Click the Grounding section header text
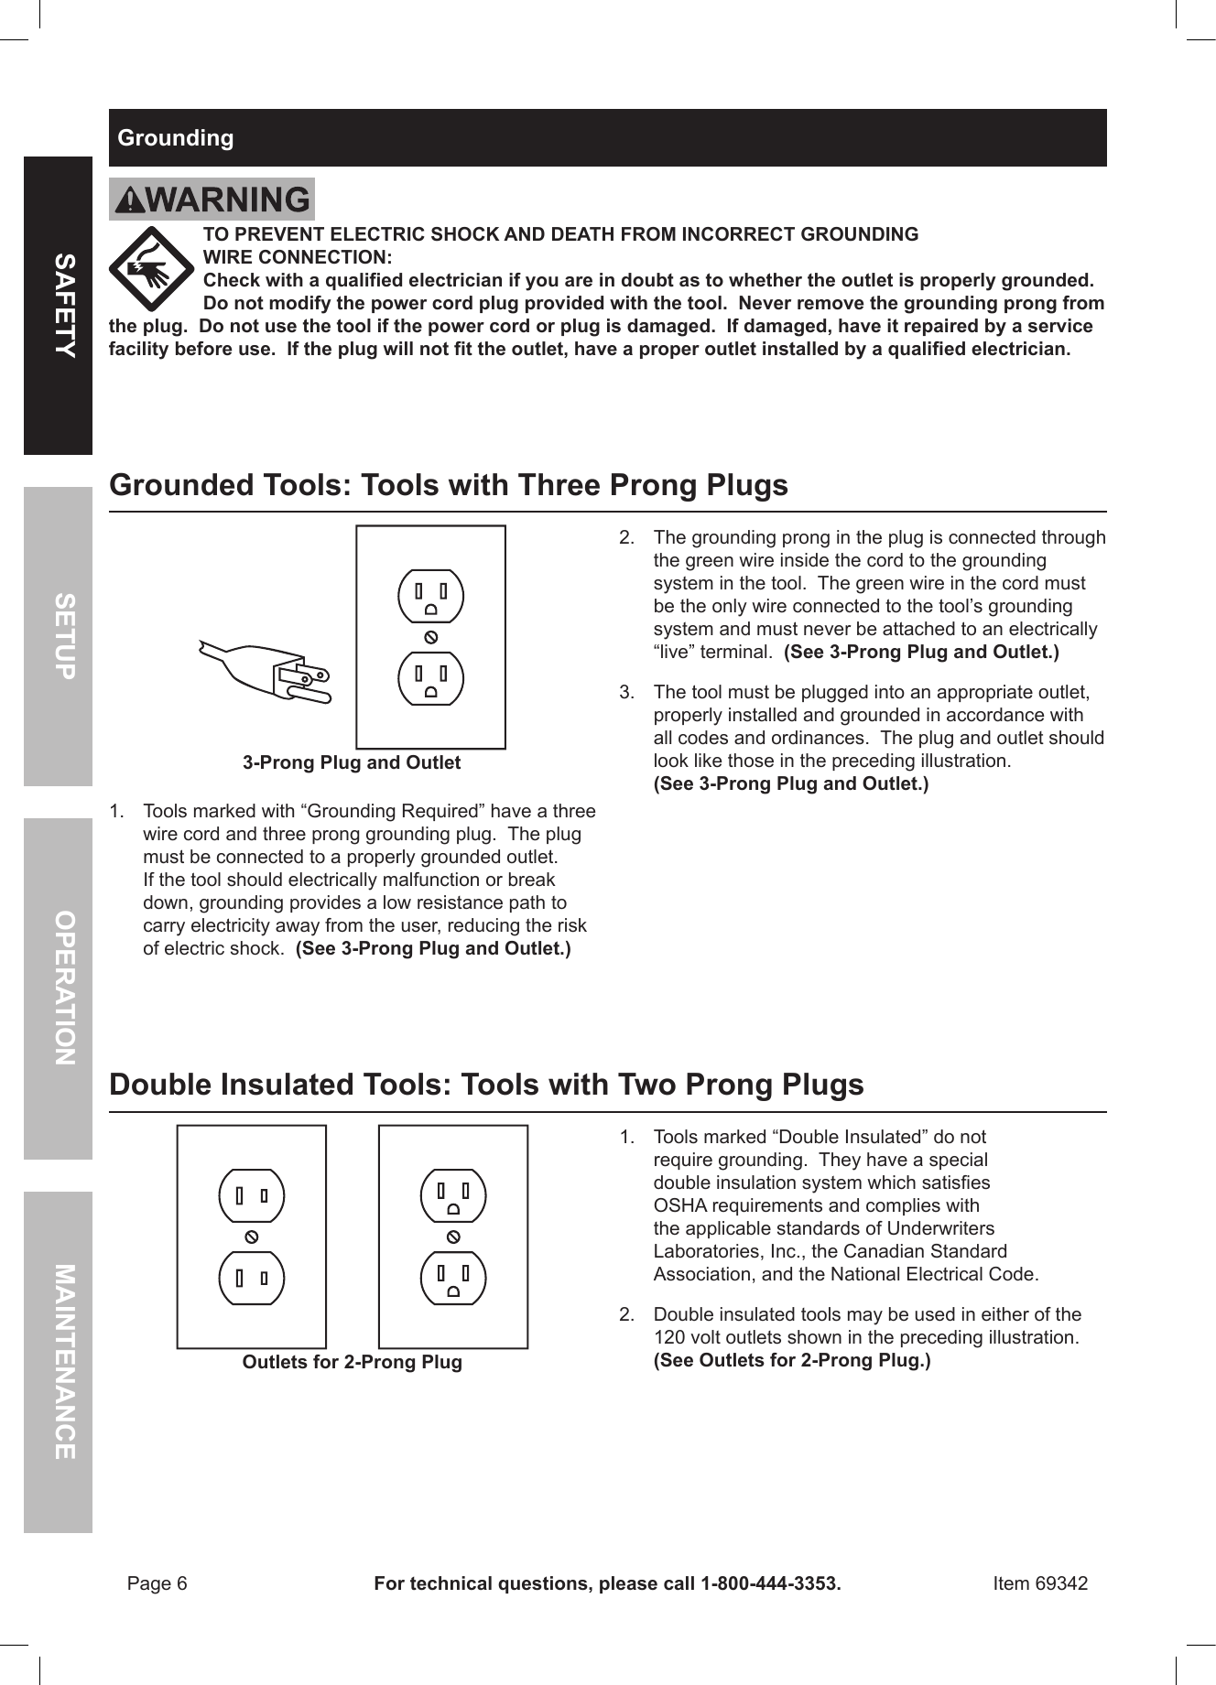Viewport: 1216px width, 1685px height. (176, 138)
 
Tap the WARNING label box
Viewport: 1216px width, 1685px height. (212, 200)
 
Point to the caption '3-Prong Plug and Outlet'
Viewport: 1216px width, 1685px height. (352, 762)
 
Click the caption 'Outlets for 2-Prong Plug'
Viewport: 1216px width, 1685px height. (352, 1362)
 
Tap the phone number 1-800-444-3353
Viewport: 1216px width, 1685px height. (769, 1583)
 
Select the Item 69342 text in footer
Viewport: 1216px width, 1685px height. (1040, 1583)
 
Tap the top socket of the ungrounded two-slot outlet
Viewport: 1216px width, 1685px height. (252, 1195)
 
